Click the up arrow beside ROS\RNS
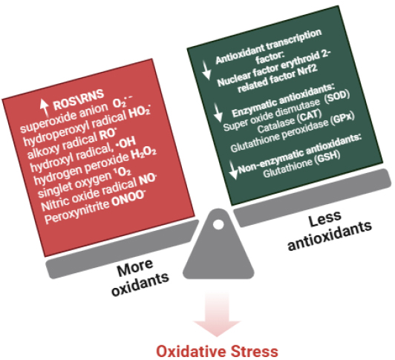[45, 107]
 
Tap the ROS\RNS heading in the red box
[79, 99]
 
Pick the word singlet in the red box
[54, 189]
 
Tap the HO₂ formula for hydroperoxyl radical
[140, 113]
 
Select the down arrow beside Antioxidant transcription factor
[207, 71]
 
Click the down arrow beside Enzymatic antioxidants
[218, 113]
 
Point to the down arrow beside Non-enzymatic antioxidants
[234, 169]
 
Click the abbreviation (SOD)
[337, 96]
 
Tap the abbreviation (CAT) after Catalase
[310, 116]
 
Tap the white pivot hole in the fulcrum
[218, 223]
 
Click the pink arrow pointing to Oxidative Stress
[217, 315]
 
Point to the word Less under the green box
[325, 219]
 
